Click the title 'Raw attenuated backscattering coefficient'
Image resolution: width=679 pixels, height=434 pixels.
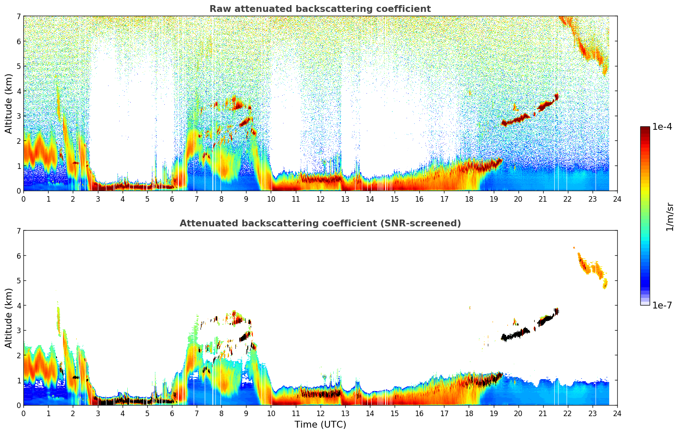coord(320,9)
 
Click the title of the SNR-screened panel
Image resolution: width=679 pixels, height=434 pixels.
coord(320,223)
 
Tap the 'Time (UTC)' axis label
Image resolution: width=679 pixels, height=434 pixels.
coord(320,425)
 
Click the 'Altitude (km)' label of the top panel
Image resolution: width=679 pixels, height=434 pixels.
coord(9,103)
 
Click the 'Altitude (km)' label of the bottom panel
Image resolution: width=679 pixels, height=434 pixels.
coord(9,318)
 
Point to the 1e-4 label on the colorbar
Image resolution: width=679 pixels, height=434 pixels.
coord(662,127)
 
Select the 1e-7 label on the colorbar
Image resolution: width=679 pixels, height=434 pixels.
coord(662,305)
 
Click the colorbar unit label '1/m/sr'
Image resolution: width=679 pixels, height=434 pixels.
coord(670,217)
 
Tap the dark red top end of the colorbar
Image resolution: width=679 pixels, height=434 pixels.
coord(645,129)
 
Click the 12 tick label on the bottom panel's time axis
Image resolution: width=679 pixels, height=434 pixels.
coord(320,414)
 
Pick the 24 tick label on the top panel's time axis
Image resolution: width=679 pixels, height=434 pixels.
coord(617,199)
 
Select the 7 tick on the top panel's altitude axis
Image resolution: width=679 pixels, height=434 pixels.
coord(18,17)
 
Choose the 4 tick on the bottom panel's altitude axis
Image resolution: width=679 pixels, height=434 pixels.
coord(18,306)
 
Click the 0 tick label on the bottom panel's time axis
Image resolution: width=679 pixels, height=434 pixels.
coord(23,414)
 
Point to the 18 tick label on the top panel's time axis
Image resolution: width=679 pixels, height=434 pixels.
coord(469,199)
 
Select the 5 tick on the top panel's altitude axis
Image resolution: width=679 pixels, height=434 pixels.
coord(18,66)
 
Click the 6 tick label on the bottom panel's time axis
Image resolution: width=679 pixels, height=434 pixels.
coord(172,414)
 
